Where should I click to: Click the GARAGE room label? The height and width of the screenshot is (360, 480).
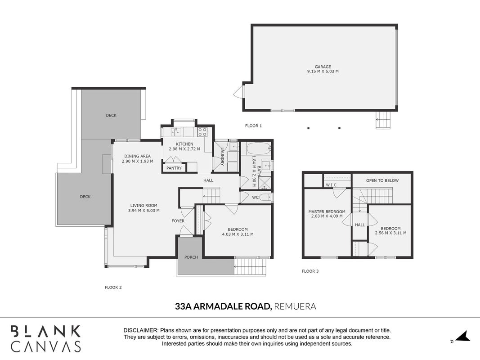(x=323, y=67)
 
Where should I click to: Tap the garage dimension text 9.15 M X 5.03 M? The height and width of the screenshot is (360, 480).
(x=323, y=72)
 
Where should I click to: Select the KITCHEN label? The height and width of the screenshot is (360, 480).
(x=184, y=144)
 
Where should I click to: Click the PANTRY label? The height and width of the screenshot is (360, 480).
(x=174, y=168)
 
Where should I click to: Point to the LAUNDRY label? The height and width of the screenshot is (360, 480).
(x=222, y=157)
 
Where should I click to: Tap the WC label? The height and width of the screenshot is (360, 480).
(x=256, y=198)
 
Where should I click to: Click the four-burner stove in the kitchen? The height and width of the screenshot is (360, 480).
(x=202, y=132)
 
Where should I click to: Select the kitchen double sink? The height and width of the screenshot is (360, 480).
(x=176, y=132)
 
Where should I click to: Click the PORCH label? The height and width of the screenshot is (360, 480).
(x=191, y=257)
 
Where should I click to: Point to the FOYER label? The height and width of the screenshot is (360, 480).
(x=178, y=221)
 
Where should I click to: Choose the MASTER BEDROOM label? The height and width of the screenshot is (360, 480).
(x=327, y=211)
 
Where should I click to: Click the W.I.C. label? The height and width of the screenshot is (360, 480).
(x=332, y=185)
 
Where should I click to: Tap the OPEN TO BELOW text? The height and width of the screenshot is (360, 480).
(x=382, y=180)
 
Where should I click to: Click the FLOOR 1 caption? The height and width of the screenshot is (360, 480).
(x=253, y=126)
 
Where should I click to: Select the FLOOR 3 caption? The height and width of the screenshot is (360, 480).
(x=310, y=271)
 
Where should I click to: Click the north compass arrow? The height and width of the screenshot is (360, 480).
(x=463, y=336)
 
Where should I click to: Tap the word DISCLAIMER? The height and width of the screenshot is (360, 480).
(x=141, y=331)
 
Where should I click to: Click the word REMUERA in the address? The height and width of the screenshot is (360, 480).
(x=295, y=306)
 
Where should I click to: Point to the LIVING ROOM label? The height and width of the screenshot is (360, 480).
(x=144, y=206)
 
